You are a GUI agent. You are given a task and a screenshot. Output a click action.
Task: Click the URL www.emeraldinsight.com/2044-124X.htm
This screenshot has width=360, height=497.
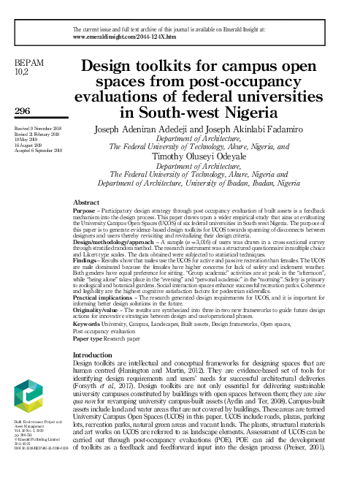[125, 36]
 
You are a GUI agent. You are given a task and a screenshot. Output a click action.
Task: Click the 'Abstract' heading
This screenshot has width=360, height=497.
[88, 201]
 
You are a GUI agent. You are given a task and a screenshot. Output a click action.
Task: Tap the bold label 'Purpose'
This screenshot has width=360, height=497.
[86, 209]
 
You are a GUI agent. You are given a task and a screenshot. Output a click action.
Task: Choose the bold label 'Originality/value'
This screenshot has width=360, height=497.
[98, 309]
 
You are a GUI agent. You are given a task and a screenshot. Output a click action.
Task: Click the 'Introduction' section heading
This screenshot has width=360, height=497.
[98, 354]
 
